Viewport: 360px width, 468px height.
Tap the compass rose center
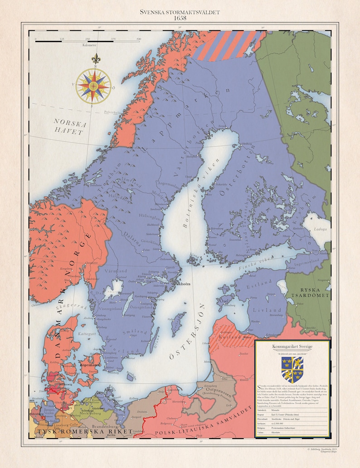(x=93, y=85)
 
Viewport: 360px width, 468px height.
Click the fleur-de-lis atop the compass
(x=95, y=59)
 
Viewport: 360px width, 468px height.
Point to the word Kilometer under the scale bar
(x=89, y=45)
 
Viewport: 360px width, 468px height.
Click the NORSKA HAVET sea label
(x=68, y=126)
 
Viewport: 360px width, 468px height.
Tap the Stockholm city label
(x=180, y=284)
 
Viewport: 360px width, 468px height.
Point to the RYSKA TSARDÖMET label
(x=313, y=292)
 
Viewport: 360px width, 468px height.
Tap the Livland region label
(x=262, y=310)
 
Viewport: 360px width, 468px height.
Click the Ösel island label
(x=223, y=301)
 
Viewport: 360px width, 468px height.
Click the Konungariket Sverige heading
(x=292, y=347)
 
